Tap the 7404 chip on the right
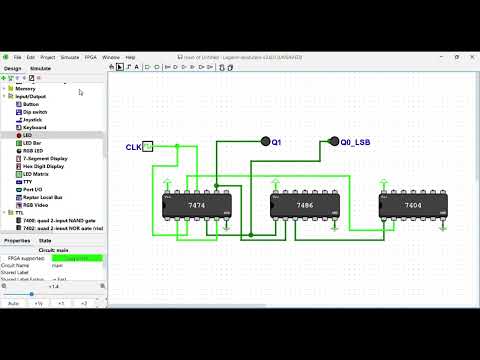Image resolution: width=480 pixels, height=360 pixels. (x=412, y=206)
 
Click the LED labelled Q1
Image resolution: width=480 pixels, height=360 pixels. (x=265, y=143)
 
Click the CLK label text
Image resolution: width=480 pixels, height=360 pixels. (x=133, y=147)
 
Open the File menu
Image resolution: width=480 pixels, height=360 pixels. (x=17, y=58)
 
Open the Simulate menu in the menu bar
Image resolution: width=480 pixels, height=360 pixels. (x=70, y=58)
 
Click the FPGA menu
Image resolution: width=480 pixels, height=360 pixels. (x=91, y=58)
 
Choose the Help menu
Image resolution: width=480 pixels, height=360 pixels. (x=130, y=58)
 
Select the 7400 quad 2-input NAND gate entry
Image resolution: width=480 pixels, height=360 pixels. (x=56, y=220)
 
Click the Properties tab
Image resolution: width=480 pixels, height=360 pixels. (x=16, y=241)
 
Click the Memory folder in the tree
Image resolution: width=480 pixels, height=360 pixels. (x=25, y=89)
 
